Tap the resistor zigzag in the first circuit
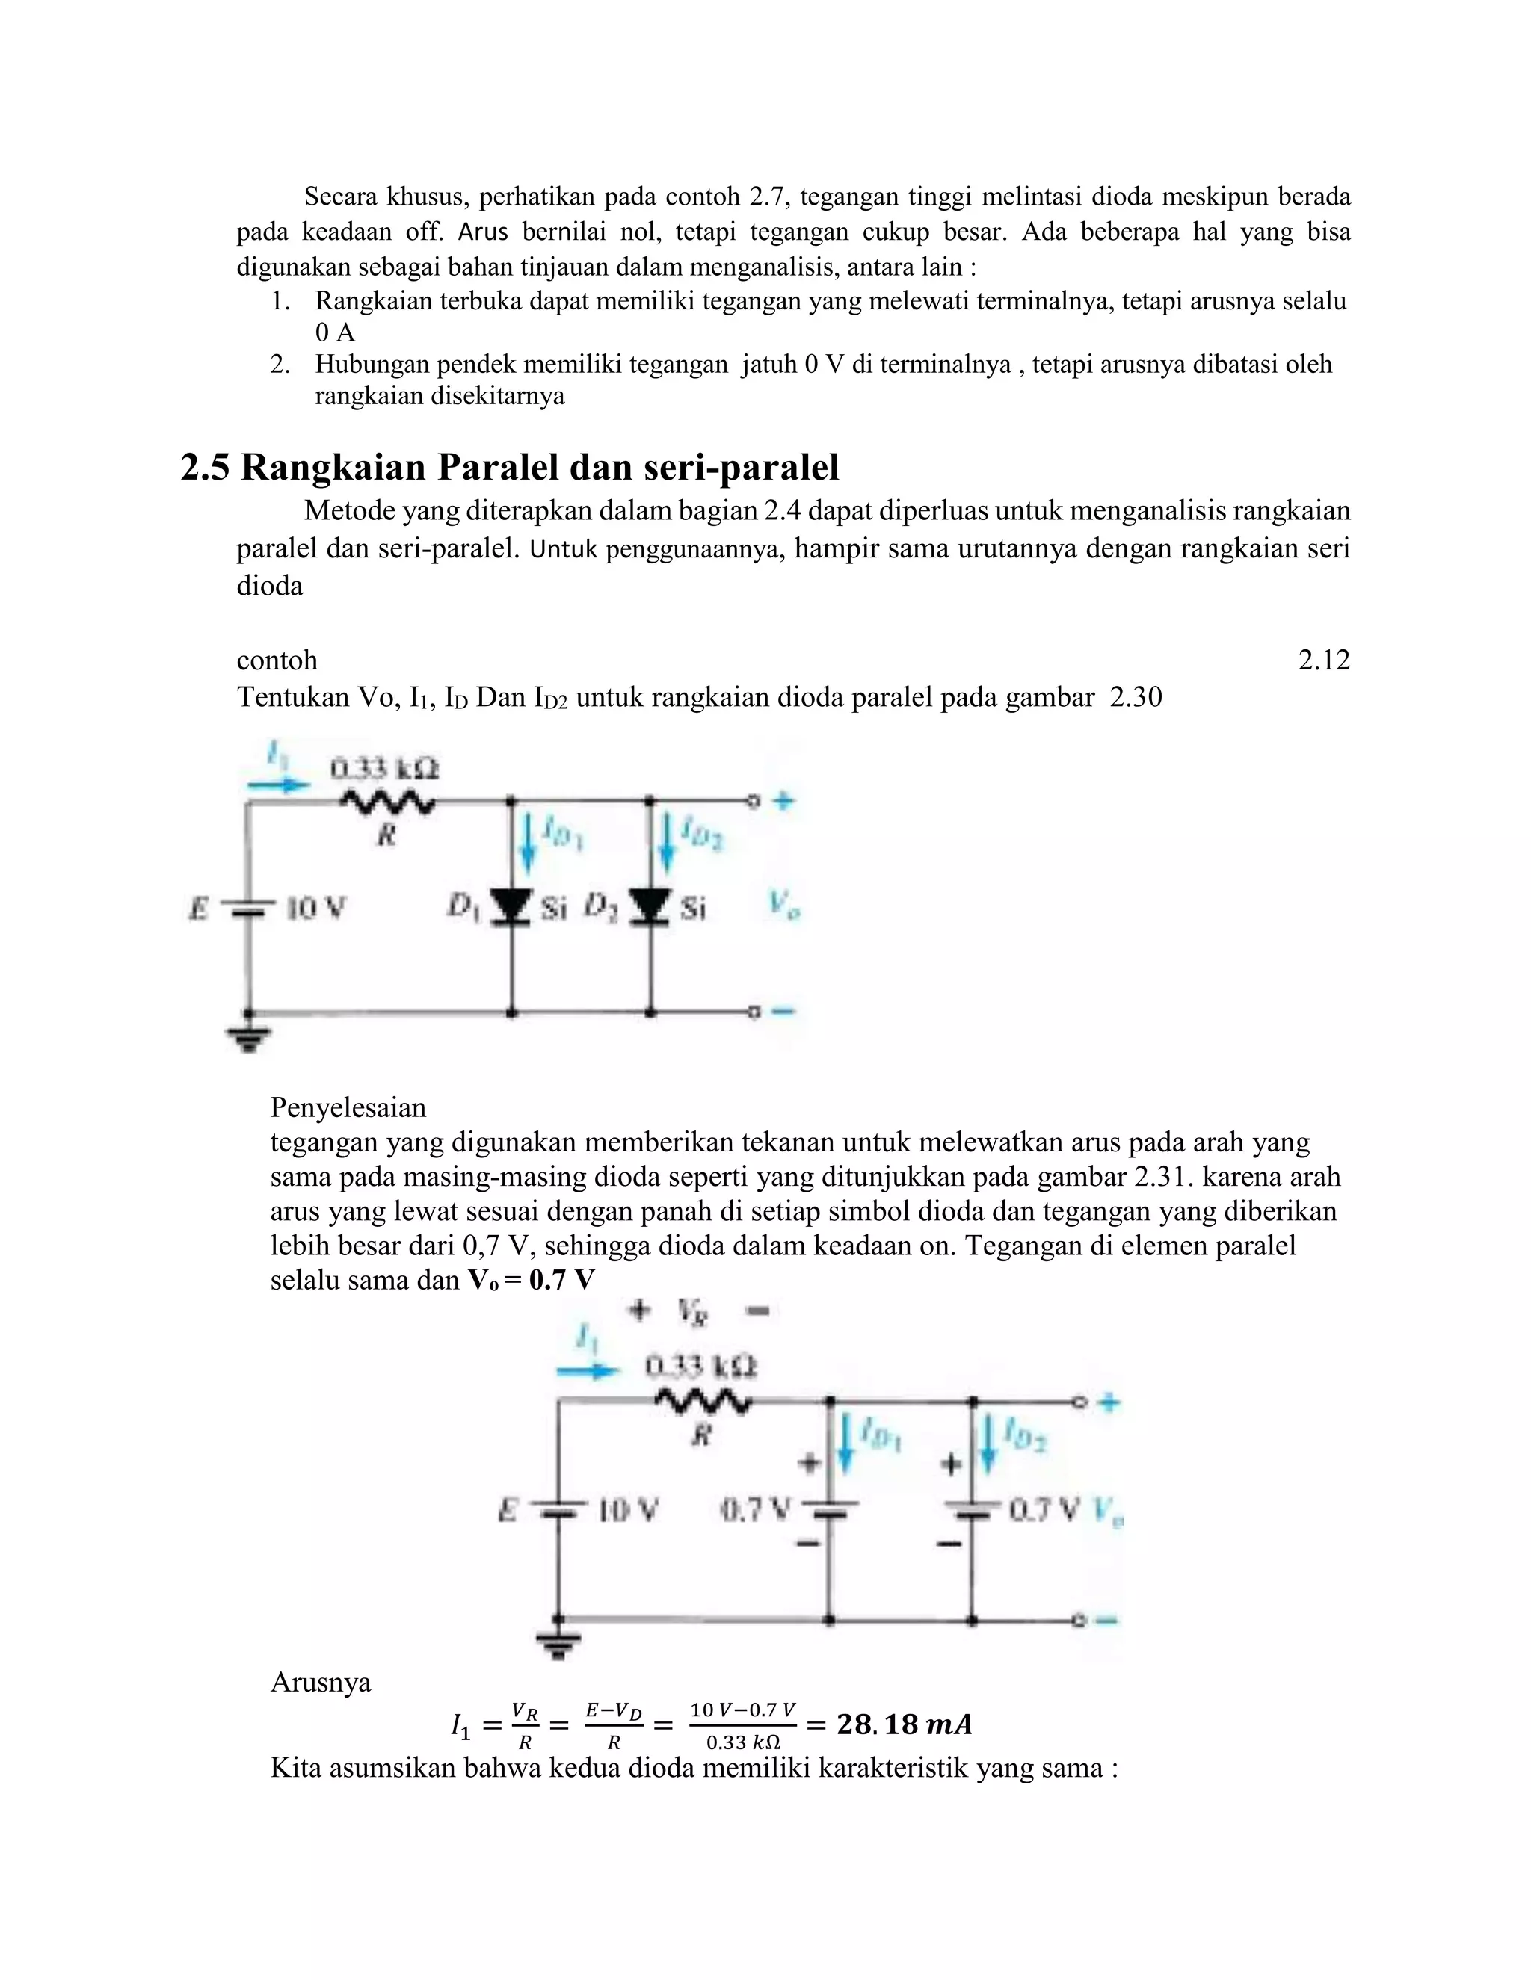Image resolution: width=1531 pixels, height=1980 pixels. [387, 802]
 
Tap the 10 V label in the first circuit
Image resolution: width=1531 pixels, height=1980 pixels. [315, 908]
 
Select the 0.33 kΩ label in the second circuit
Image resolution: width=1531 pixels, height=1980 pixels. [700, 1365]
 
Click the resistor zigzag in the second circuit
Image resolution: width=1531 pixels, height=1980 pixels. [702, 1402]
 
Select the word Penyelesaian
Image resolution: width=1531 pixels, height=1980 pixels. [348, 1107]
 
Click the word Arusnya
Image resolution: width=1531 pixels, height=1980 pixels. [320, 1682]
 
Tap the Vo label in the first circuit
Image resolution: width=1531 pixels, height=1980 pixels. [783, 904]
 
